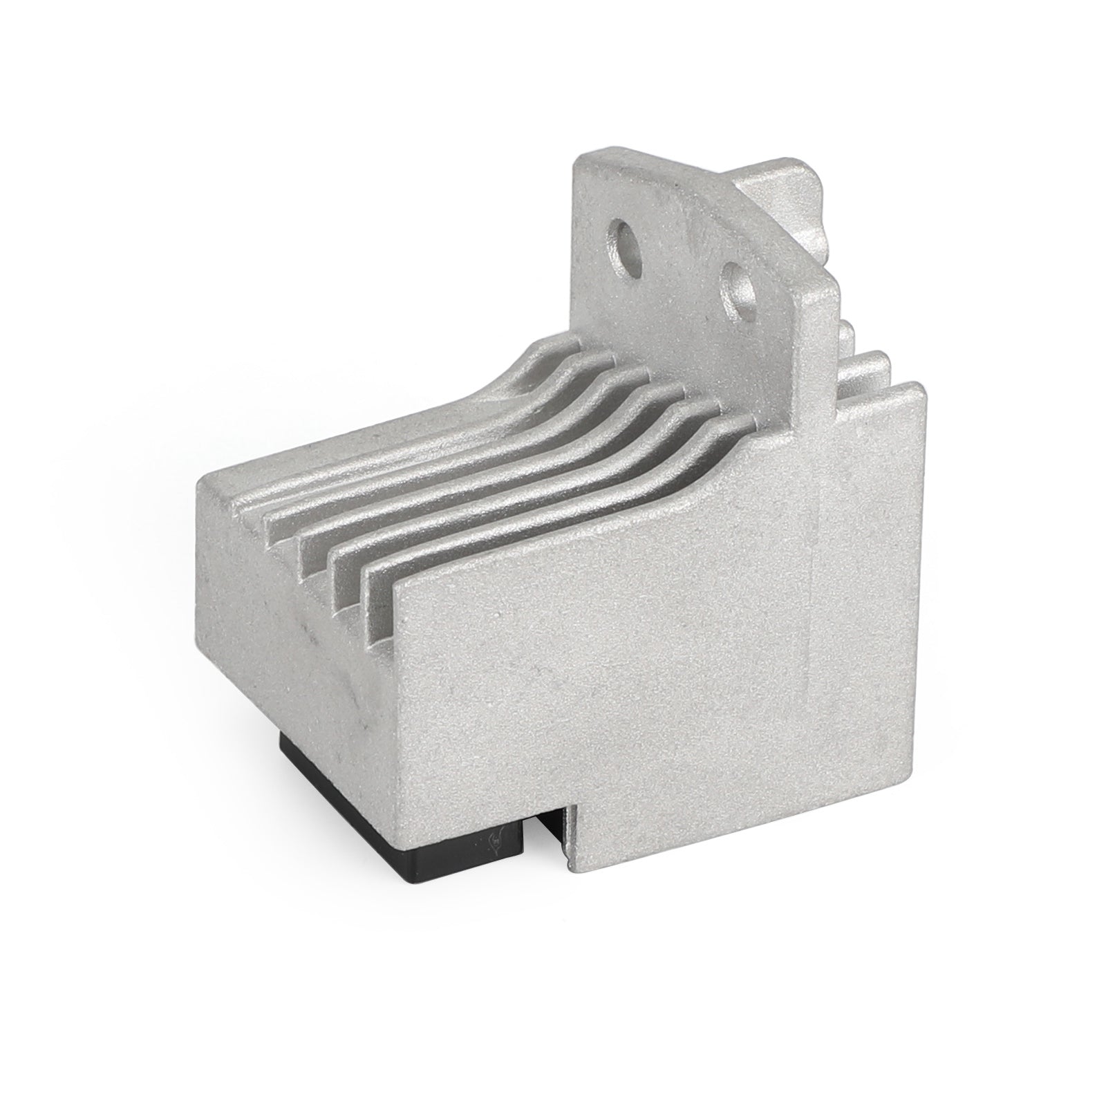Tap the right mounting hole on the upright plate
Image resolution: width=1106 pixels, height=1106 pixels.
click(737, 297)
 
